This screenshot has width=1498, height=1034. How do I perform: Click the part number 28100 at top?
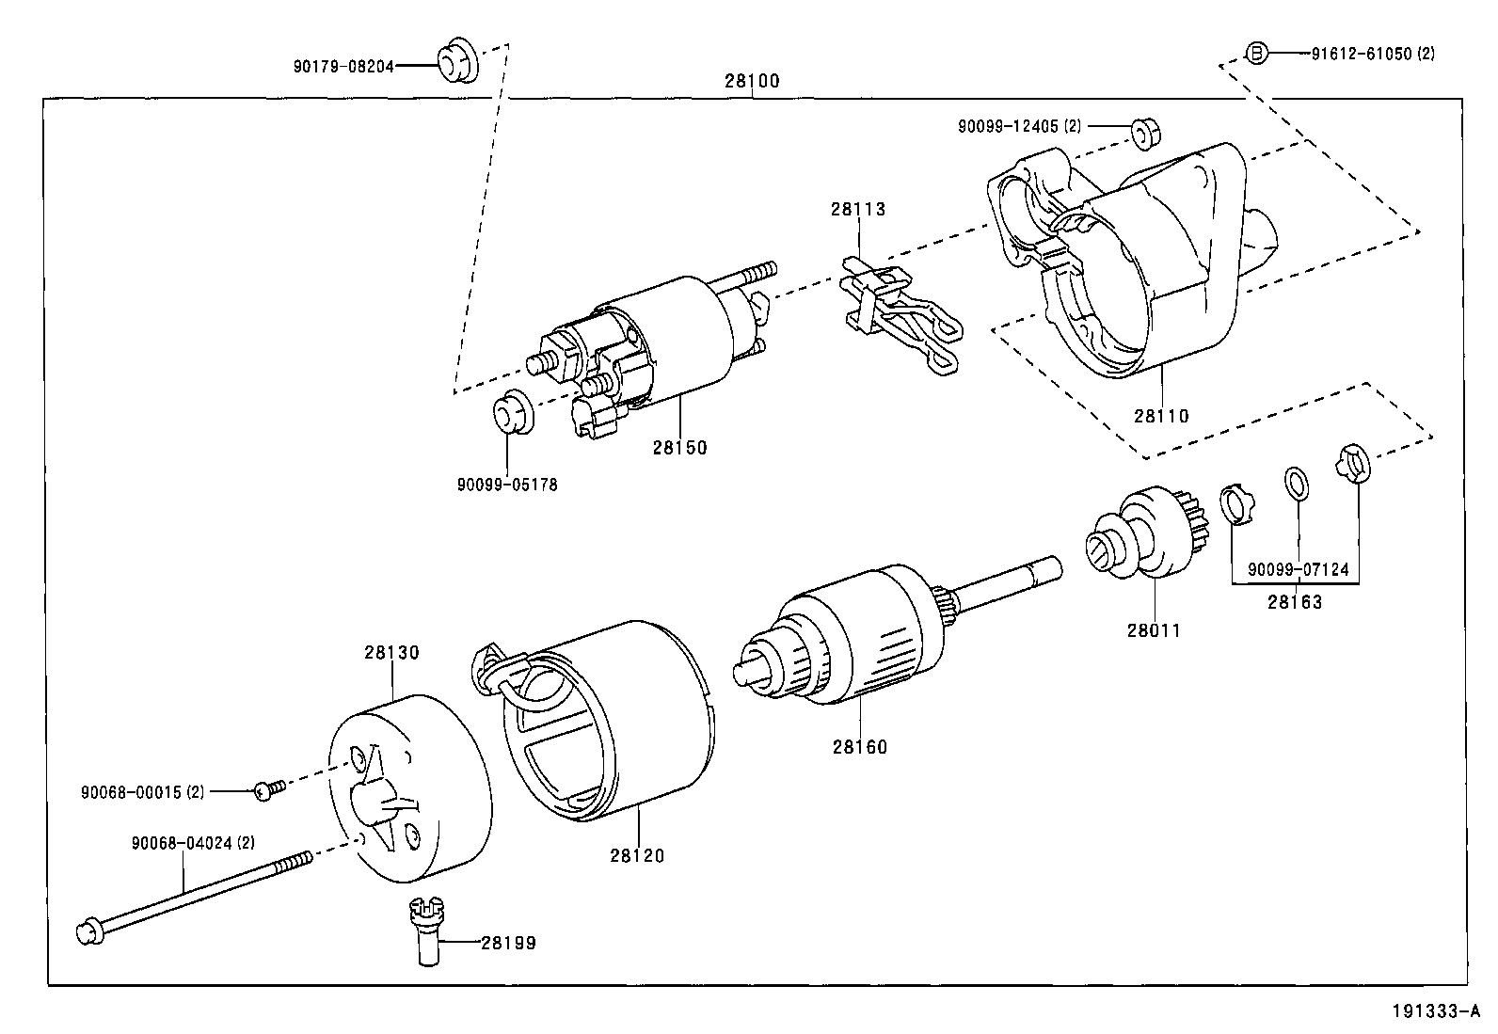coord(752,81)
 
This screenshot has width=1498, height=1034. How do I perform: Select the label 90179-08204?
coord(343,66)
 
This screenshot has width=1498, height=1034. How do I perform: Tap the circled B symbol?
coord(1256,54)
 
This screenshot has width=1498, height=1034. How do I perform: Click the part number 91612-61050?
coord(1362,55)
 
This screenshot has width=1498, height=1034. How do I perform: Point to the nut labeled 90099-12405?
coord(1142,134)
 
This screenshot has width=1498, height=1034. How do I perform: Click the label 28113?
coord(857,210)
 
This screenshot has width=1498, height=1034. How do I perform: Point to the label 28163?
coord(1294,602)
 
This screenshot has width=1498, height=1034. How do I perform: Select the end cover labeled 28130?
coord(409,790)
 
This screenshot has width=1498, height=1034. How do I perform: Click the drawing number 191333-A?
coord(1436,1012)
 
